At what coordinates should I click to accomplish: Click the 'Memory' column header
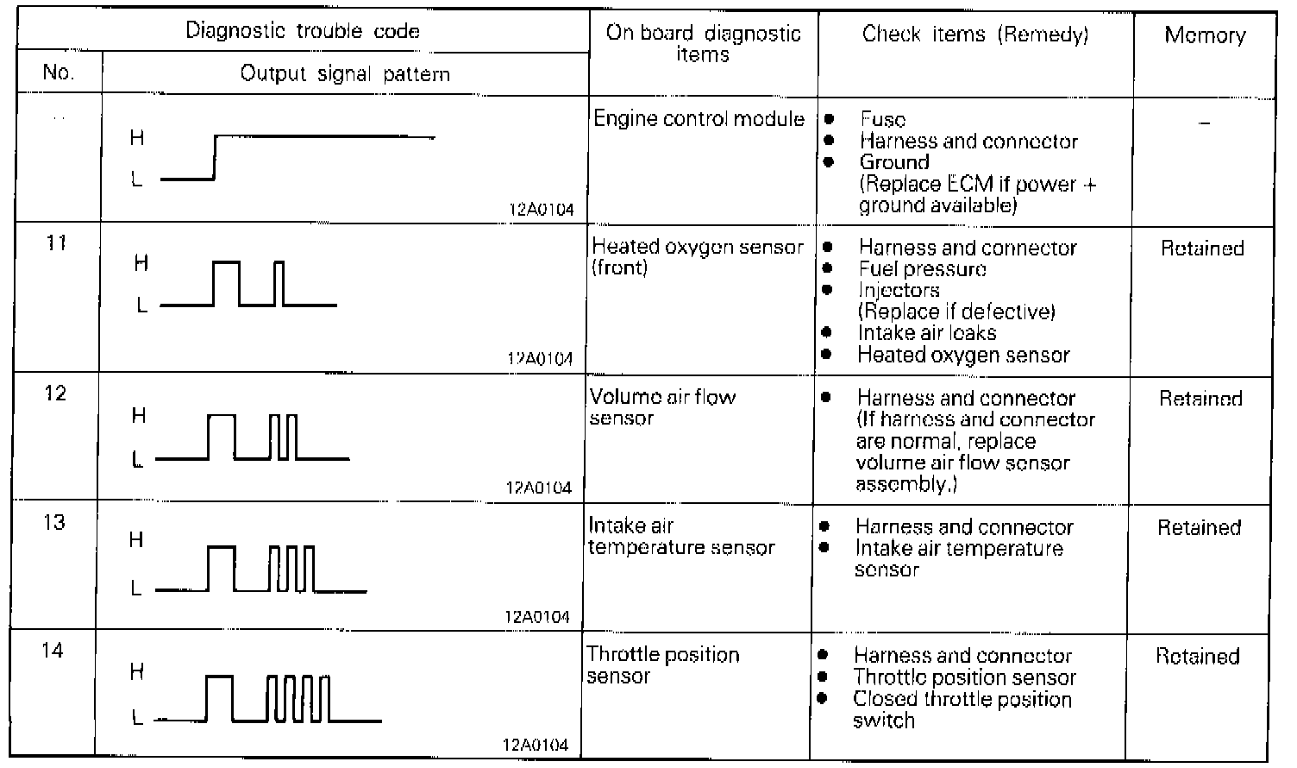pos(1205,35)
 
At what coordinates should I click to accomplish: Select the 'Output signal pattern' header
pos(345,73)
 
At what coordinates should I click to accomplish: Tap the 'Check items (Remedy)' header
pos(975,35)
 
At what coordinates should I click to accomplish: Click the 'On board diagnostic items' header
pos(703,44)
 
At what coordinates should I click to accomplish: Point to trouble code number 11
pos(56,242)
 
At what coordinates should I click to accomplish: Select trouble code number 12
pos(55,393)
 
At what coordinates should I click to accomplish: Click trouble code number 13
pos(53,522)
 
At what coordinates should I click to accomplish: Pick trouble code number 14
pos(52,650)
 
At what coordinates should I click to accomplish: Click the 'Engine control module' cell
pos(699,119)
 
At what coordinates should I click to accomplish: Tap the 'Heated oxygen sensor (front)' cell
pos(697,257)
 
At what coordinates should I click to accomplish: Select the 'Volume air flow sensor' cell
pos(661,407)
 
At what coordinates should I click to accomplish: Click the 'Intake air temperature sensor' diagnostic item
pos(680,536)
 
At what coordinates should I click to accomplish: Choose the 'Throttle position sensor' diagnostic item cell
pos(662,665)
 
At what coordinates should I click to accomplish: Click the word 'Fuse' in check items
pos(882,120)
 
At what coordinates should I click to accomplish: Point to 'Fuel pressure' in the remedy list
pos(922,269)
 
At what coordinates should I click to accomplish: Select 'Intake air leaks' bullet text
pos(926,333)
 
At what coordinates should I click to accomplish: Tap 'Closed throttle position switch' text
pos(962,709)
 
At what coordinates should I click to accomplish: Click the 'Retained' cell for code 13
pos(1199,527)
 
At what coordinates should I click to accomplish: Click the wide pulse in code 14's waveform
pos(220,697)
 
